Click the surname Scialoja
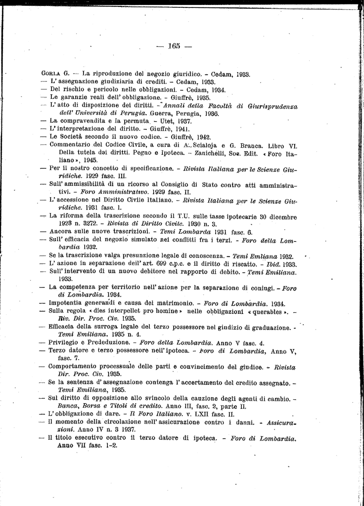[201, 145]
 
